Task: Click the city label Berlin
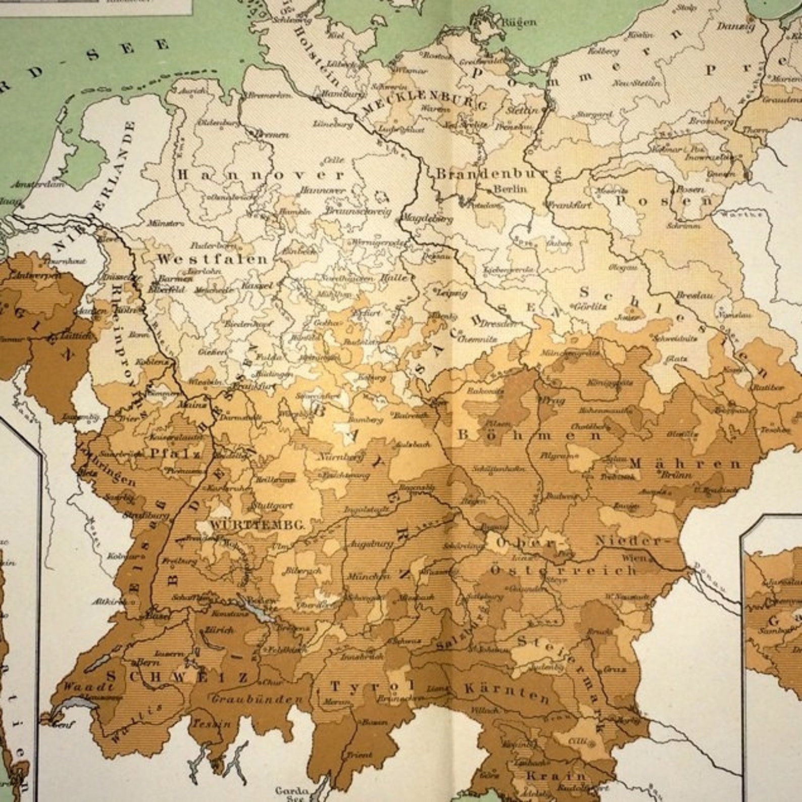(510, 189)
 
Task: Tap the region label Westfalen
(212, 260)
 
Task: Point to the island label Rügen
(519, 22)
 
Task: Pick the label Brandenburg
(498, 174)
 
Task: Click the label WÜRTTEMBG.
(258, 525)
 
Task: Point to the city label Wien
(635, 558)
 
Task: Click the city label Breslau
(694, 295)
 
